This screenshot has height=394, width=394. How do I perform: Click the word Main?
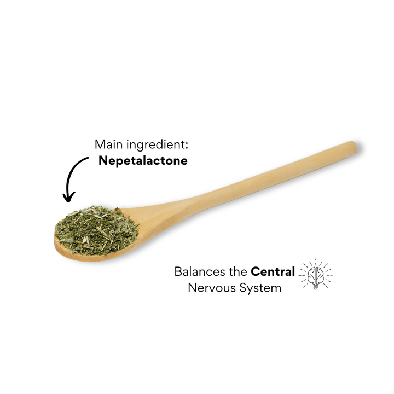click(x=109, y=144)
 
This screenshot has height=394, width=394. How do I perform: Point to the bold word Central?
click(x=273, y=271)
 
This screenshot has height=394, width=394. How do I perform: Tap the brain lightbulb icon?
click(x=316, y=275)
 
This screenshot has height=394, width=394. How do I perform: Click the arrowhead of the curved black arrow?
click(x=68, y=198)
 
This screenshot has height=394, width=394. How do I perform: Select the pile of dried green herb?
click(x=96, y=230)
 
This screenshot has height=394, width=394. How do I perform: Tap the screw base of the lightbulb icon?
click(x=316, y=287)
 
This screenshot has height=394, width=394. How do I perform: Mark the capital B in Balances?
click(x=178, y=272)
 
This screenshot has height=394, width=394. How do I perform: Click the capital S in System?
click(x=243, y=288)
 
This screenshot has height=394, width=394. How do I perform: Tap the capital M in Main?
click(x=100, y=144)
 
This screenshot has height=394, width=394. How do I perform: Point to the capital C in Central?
click(x=256, y=272)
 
